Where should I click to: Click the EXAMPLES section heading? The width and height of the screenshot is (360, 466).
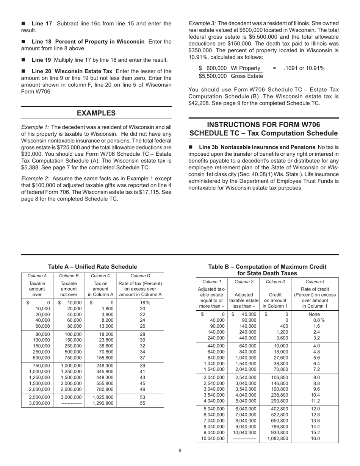[96, 113]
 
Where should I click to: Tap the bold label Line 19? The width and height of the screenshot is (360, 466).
[42, 60]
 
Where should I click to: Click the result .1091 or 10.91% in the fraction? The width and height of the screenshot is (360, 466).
[304, 68]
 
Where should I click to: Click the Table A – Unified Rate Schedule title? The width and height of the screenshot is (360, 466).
[92, 267]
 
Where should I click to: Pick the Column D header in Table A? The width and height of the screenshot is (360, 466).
[140, 276]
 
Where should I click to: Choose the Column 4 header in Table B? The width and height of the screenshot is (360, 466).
[315, 281]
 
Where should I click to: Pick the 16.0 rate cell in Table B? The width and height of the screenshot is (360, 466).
[315, 439]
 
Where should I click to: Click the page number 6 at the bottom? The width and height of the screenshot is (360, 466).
[180, 450]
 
